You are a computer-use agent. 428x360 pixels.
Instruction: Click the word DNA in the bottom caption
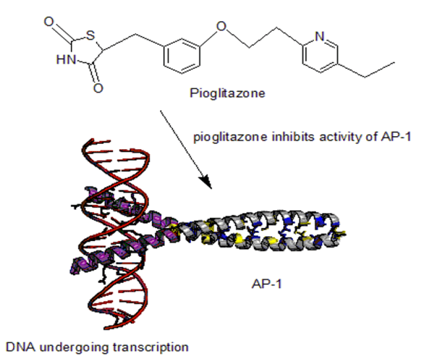(17, 345)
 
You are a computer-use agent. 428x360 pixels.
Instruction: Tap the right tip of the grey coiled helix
(343, 233)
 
